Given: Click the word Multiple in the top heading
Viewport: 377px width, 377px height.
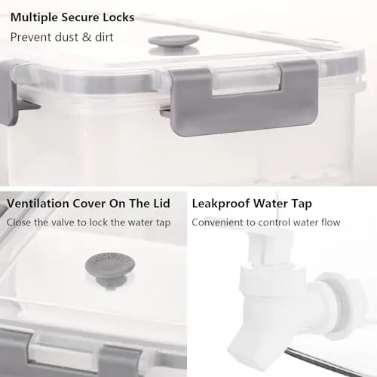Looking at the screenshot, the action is coord(34,18).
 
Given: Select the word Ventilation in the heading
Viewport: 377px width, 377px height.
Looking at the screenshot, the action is coord(38,204).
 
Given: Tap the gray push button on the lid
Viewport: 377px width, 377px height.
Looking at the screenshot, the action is coord(110,268).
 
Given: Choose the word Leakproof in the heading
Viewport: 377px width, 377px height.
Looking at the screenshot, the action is coord(222,204).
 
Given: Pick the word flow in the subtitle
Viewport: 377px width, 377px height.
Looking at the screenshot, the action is coord(331,222).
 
